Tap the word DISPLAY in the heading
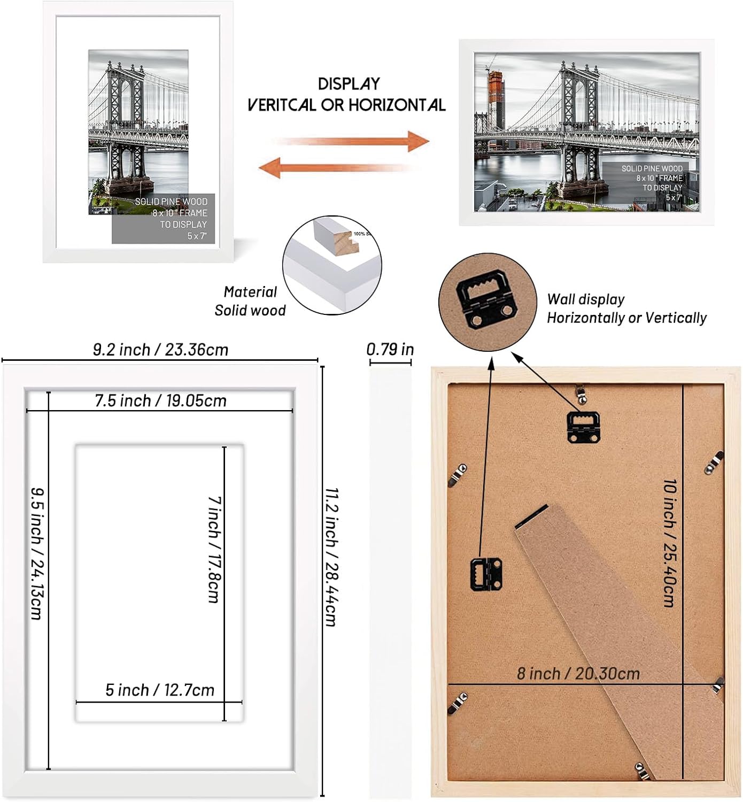click(349, 84)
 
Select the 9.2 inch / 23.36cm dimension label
click(160, 350)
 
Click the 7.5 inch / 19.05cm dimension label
click(160, 400)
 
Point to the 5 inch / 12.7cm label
click(159, 690)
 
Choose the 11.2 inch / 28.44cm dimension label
click(331, 556)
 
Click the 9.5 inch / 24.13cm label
click(36, 553)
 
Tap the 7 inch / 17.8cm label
click(214, 549)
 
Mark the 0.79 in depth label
click(390, 350)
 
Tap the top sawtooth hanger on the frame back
click(583, 426)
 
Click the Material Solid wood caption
click(250, 301)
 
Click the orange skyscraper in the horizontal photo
click(496, 102)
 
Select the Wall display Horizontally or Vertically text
click(626, 309)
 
